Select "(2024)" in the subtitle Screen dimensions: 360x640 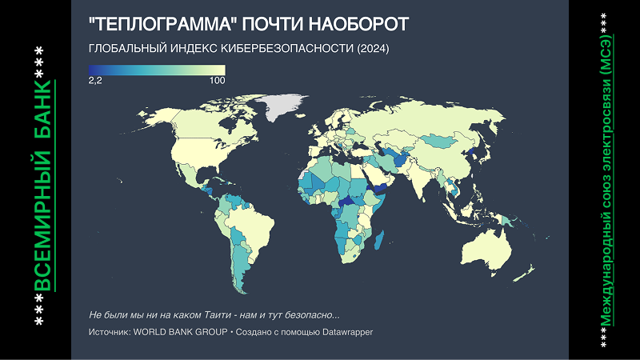[373, 49]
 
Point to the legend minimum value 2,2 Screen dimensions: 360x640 [95, 81]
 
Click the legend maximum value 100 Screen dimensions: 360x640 [217, 81]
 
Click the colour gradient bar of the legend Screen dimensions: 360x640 [157, 70]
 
